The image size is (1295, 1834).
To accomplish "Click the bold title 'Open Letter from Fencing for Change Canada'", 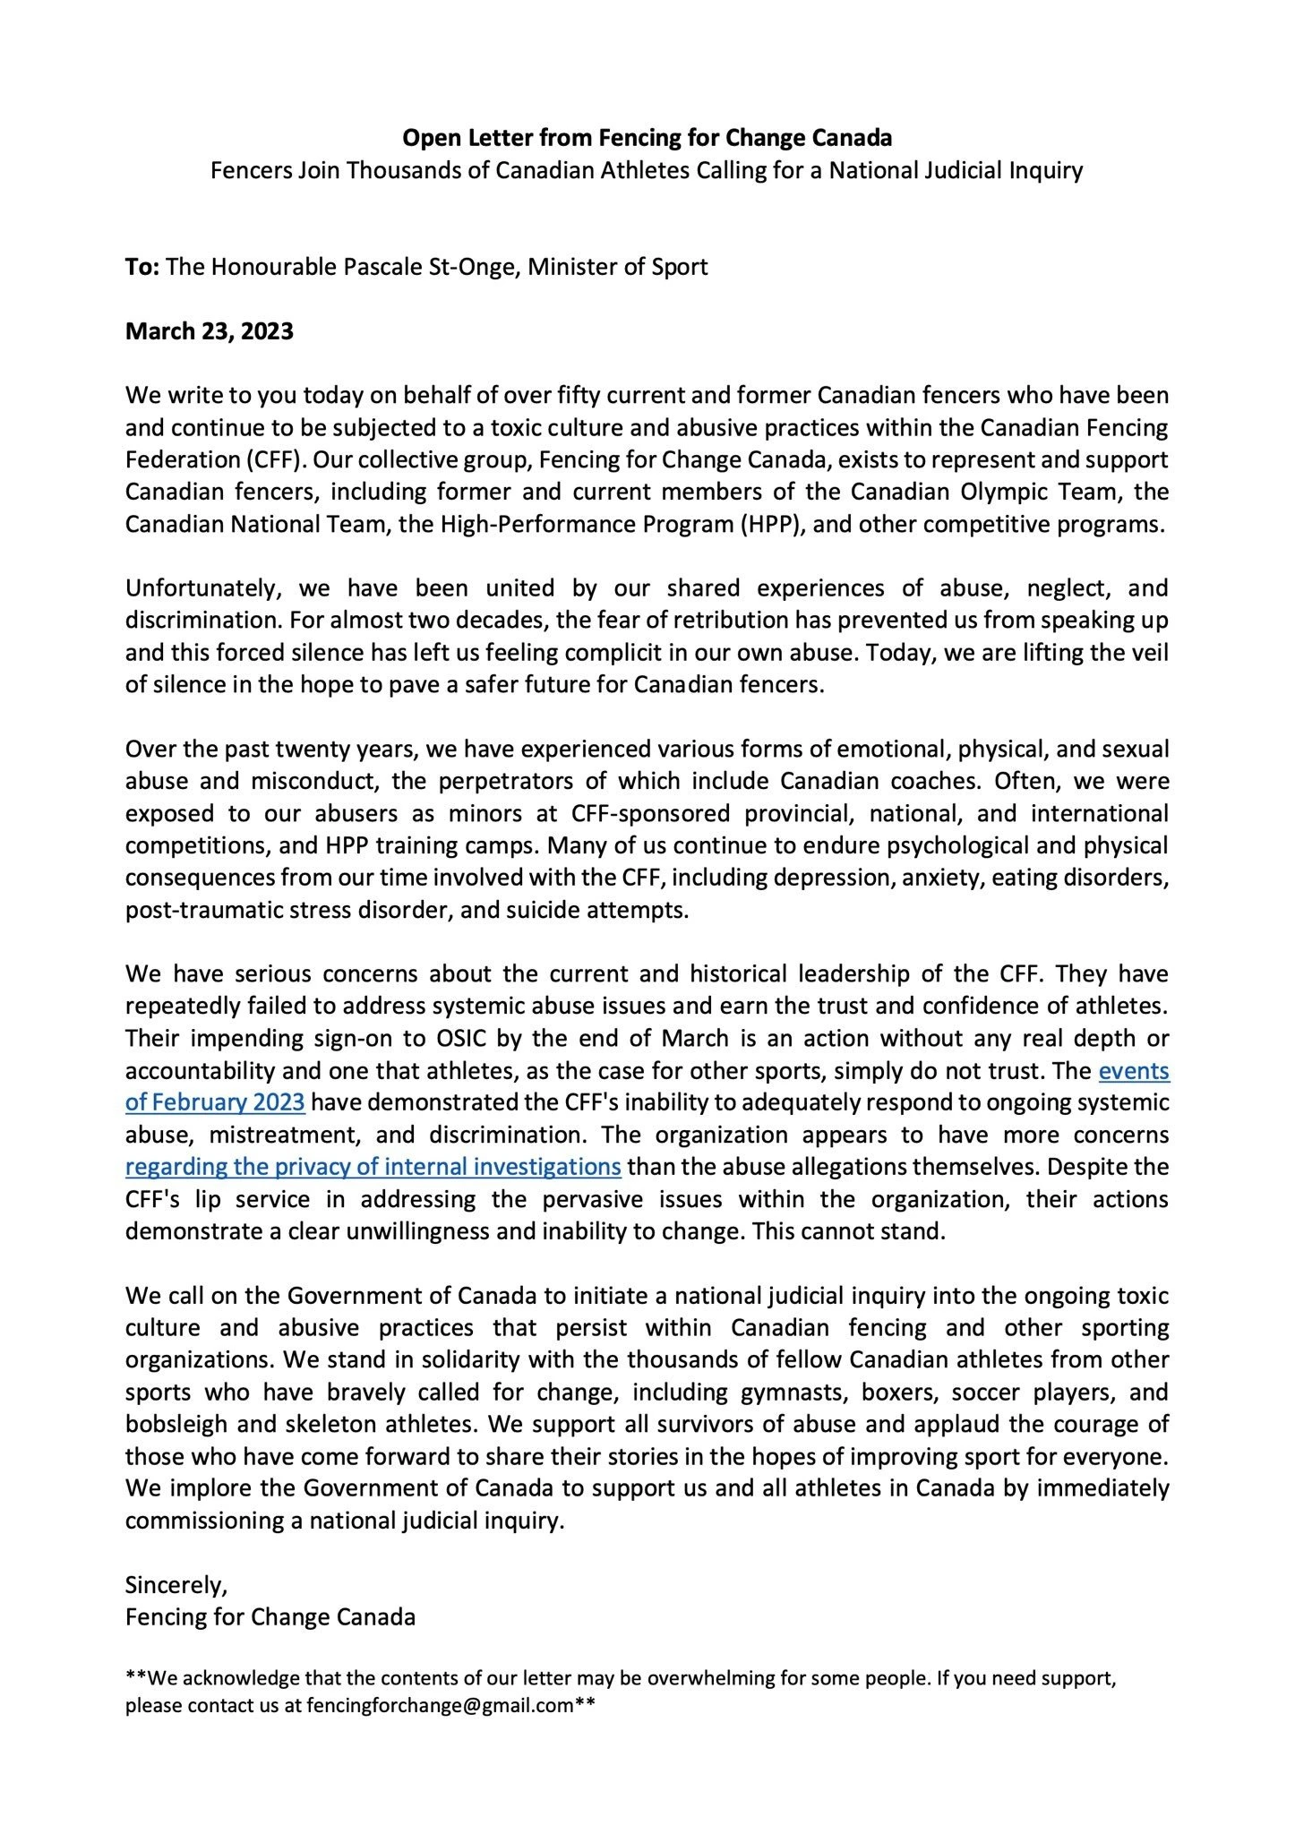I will [647, 138].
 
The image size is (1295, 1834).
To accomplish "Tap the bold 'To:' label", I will [142, 267].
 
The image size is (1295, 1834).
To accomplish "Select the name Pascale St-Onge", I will [411, 267].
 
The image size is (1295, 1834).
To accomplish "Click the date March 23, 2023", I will [210, 331].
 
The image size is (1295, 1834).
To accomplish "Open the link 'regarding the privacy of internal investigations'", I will [373, 1168].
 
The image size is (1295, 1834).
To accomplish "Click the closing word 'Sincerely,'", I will [176, 1585].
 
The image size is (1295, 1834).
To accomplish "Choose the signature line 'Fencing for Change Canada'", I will [270, 1617].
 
